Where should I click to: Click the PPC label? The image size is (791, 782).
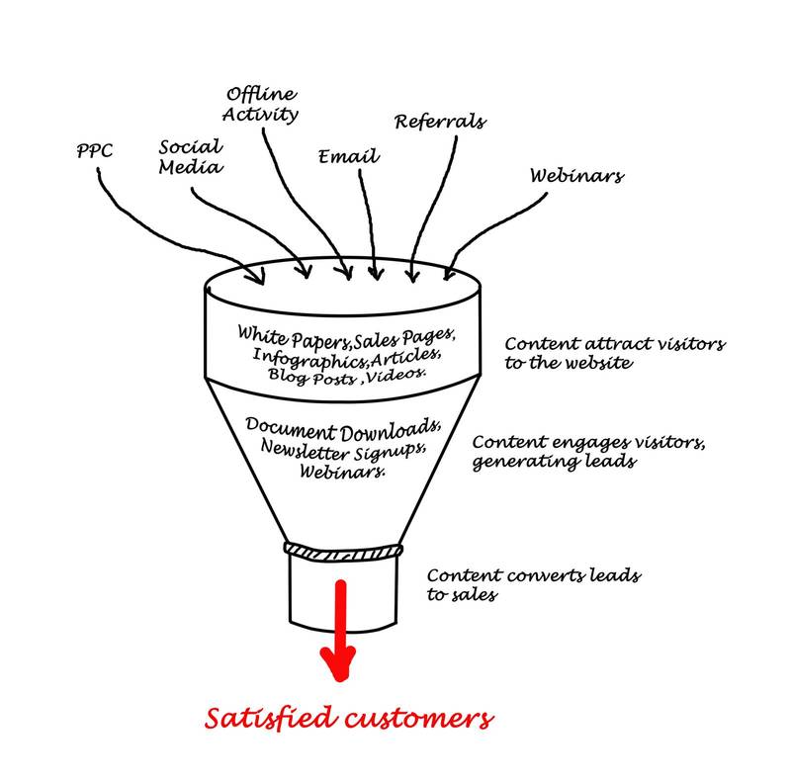[x=94, y=152]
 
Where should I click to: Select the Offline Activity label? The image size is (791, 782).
[x=262, y=104]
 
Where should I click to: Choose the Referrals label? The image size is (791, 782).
[x=440, y=122]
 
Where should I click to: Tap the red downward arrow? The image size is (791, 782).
[x=341, y=633]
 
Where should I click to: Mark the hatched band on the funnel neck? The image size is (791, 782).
[x=343, y=550]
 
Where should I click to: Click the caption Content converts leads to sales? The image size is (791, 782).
[x=532, y=584]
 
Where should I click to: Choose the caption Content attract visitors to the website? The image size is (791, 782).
[x=614, y=353]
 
